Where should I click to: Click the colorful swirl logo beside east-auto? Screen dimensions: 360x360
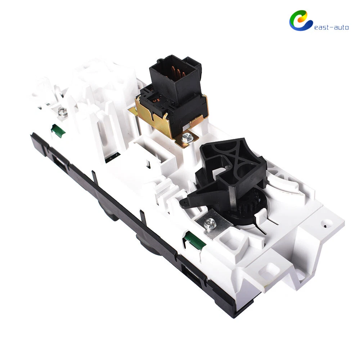point(300,21)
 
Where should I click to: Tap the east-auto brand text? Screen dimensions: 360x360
point(331,27)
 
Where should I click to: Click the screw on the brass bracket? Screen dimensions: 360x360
point(186,138)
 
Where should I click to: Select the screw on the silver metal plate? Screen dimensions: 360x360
point(209,223)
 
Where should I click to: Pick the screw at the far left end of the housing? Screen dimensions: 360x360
point(62,112)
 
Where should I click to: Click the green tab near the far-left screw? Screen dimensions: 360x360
point(58,131)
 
